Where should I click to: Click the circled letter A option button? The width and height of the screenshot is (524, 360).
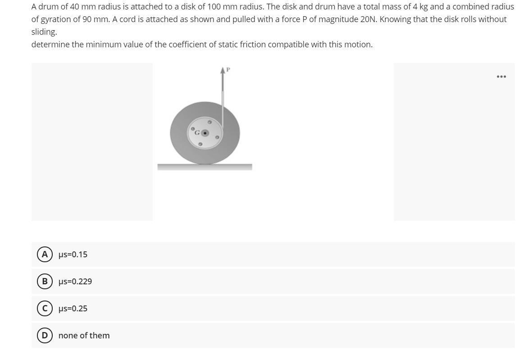[x=45, y=255]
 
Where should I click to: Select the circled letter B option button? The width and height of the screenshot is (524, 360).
[x=45, y=282]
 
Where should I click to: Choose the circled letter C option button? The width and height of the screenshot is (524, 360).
[x=45, y=309]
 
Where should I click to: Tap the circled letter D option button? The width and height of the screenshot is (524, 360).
[x=45, y=336]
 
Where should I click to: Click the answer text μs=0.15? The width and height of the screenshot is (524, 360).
[x=73, y=255]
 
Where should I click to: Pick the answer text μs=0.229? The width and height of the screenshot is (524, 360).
[x=75, y=282]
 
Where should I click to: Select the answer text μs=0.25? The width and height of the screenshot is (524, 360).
[x=73, y=309]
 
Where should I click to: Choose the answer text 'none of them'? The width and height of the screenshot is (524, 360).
[x=84, y=336]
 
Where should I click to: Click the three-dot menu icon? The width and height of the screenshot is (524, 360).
[x=501, y=77]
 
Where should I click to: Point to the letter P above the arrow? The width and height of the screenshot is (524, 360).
[x=228, y=69]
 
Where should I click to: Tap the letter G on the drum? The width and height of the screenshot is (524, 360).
[x=197, y=133]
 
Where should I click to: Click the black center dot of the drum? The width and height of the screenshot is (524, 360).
[x=205, y=133]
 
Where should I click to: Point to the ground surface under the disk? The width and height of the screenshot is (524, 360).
[x=205, y=167]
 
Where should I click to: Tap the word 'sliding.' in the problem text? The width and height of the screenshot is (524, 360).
[x=44, y=32]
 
